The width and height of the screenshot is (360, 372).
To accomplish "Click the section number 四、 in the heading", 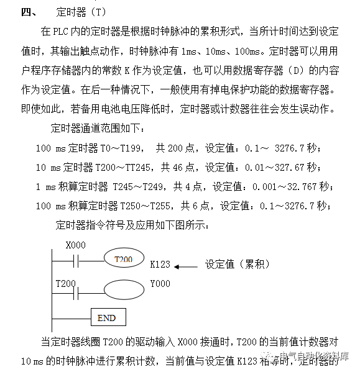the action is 27,11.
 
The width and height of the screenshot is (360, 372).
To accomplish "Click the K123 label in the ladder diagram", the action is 160,264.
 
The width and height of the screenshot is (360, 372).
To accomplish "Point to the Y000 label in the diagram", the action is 160,284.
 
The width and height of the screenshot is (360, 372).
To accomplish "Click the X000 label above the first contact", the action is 75,245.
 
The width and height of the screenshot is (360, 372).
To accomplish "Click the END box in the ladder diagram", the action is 106,317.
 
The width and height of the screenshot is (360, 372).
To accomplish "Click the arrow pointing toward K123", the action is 185,266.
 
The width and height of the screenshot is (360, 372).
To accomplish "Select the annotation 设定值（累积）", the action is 238,264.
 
